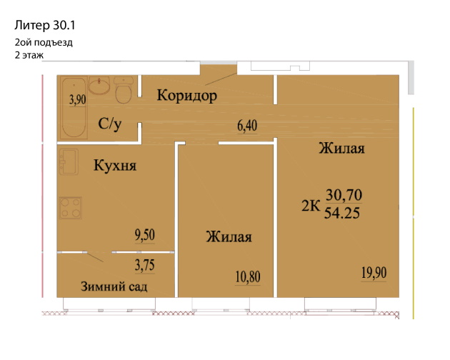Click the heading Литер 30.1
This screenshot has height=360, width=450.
[x=45, y=25]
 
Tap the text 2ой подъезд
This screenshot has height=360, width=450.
[x=44, y=42]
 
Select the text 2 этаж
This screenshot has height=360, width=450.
[x=29, y=55]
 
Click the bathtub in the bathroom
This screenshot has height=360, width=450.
[x=74, y=108]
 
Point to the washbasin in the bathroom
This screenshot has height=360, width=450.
[x=99, y=85]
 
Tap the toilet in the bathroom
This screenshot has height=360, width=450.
[x=124, y=89]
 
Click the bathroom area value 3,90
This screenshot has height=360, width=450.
[x=77, y=99]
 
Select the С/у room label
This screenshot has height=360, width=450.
[x=109, y=124]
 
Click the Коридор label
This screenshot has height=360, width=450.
[x=187, y=95]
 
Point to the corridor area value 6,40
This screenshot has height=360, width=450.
[x=247, y=126]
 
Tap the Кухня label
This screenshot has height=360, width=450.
[x=115, y=166]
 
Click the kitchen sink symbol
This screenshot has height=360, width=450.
[x=69, y=161]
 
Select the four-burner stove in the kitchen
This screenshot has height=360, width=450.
[x=71, y=208]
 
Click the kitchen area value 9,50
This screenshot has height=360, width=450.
[x=145, y=235]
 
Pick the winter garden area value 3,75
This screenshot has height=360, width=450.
[x=145, y=265]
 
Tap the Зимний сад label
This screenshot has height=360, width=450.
[x=114, y=286]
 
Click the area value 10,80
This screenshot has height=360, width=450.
[x=248, y=277]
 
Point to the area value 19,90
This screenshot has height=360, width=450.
[x=374, y=273]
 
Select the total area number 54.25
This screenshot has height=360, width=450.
[x=342, y=213]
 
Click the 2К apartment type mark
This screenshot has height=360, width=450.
[x=311, y=206]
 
